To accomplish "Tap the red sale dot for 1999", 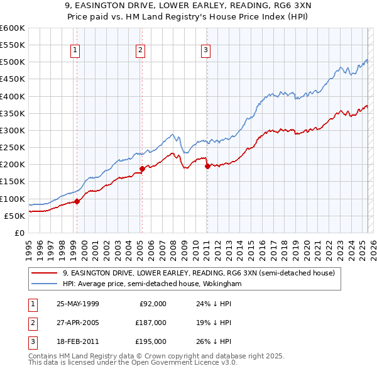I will click(77, 201).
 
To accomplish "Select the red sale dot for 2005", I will click(142, 169).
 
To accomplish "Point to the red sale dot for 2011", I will click(207, 166).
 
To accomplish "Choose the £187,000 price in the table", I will click(151, 323).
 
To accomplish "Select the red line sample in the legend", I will click(45, 274).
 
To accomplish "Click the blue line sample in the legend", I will click(45, 284).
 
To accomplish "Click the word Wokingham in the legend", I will click(222, 284).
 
